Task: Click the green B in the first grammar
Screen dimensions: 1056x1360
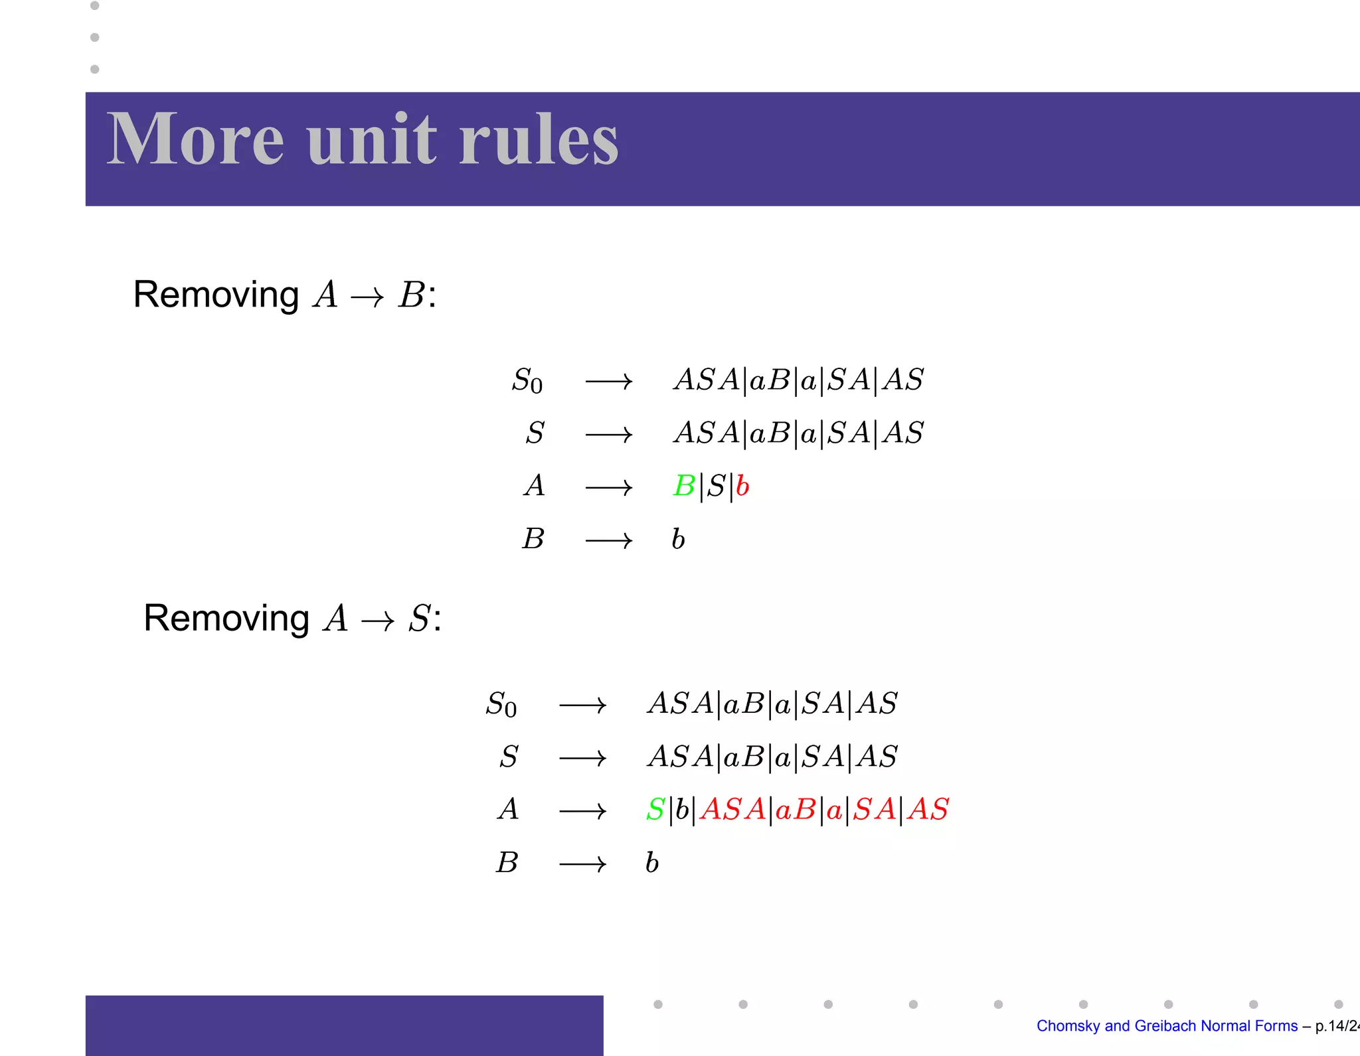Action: tap(684, 486)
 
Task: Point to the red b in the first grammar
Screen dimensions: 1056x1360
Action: tap(742, 486)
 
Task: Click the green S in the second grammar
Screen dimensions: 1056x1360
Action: tap(655, 810)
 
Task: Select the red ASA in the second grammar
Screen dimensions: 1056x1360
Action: tap(732, 810)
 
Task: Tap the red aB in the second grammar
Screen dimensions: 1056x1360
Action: tap(795, 810)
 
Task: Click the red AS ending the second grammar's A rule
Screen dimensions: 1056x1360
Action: tap(928, 810)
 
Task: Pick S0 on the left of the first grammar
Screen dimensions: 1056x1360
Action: tap(527, 381)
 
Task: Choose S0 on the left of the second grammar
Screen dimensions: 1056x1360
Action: tap(501, 704)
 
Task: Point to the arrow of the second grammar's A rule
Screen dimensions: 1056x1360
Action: tap(582, 811)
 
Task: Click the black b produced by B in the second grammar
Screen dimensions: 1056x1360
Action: tap(652, 862)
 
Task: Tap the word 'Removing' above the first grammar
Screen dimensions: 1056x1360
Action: tap(216, 295)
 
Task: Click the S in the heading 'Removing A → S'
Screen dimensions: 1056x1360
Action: tap(420, 619)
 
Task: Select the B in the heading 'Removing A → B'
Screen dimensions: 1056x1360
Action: tap(411, 295)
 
